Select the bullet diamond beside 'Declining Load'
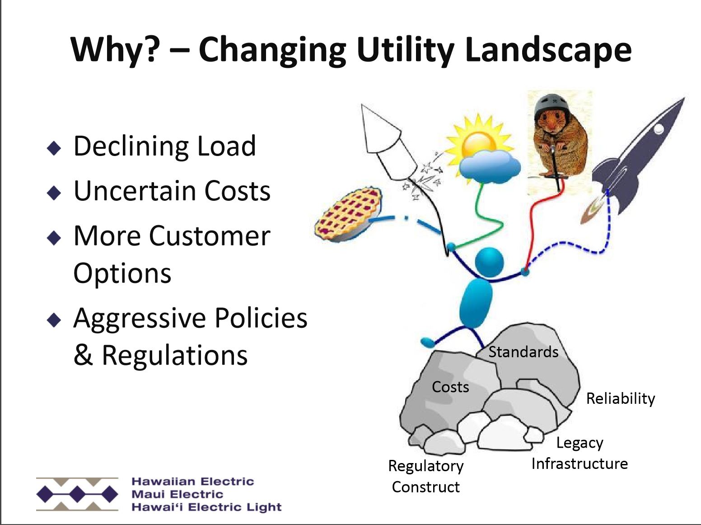[54, 148]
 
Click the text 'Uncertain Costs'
[172, 190]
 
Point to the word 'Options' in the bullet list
[122, 273]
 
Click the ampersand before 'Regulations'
[83, 355]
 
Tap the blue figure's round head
[489, 262]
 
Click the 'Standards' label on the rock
[523, 352]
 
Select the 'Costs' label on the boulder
[450, 387]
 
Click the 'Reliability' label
[620, 398]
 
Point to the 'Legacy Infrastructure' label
[579, 453]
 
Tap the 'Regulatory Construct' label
[425, 476]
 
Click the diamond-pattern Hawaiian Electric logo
[77, 494]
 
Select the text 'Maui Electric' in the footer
[177, 494]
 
